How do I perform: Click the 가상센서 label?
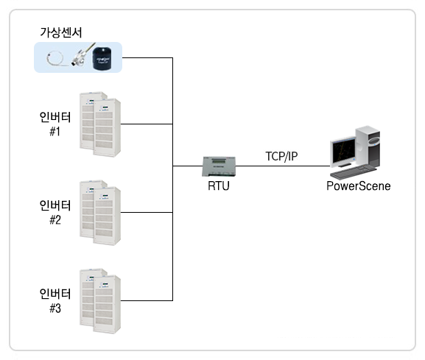coord(60,32)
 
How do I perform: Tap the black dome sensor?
coord(102,59)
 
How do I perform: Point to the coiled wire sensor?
coord(55,59)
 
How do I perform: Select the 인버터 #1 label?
coord(55,124)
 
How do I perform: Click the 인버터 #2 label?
coord(55,212)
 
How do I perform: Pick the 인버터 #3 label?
coord(55,300)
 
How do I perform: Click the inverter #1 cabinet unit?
coord(100,124)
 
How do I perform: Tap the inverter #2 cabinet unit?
coord(100,213)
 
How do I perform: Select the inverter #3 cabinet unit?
coord(100,301)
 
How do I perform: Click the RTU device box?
coord(219,166)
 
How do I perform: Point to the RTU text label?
coord(219,186)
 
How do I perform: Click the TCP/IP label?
coord(281,156)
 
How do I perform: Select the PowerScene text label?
coord(358,186)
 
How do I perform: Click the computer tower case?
coord(368,147)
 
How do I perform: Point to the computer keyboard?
coord(354,172)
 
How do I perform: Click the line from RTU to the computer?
coord(283,166)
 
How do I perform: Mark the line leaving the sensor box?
coord(147,57)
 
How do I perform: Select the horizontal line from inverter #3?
coord(147,300)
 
